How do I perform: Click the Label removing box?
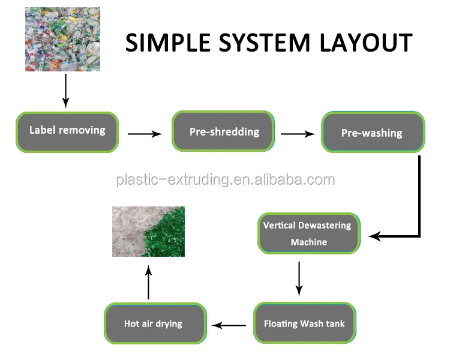67,131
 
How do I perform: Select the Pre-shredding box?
224,132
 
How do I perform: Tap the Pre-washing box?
373,133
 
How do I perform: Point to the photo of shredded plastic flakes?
148,232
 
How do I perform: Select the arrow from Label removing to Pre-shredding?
145,134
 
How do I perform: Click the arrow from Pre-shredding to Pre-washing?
298,134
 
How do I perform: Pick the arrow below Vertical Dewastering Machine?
299,278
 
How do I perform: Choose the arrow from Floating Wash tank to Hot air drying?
230,325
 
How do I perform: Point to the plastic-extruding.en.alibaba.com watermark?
225,179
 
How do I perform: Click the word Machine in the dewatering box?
309,242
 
